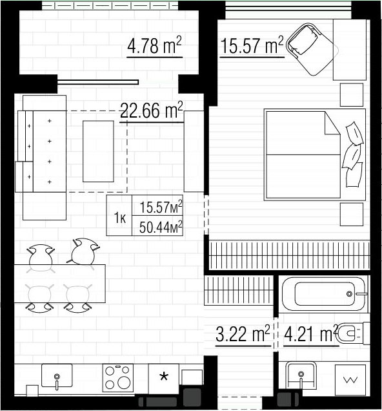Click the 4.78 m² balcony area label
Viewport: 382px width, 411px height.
pyautogui.click(x=154, y=46)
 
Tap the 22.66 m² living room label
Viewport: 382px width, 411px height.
pyautogui.click(x=151, y=111)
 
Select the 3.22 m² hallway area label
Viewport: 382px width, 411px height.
pyautogui.click(x=243, y=334)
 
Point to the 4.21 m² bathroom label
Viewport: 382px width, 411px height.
pyautogui.click(x=310, y=334)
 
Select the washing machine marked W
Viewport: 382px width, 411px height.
pyautogui.click(x=350, y=379)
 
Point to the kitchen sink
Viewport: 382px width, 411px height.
pyautogui.click(x=57, y=375)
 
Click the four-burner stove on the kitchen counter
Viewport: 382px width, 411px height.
pyautogui.click(x=117, y=378)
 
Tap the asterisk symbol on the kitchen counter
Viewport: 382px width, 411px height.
pyautogui.click(x=164, y=377)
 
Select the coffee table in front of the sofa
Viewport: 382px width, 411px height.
pyautogui.click(x=98, y=151)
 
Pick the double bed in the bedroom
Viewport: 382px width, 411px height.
pyautogui.click(x=314, y=155)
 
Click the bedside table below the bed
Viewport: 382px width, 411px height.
pyautogui.click(x=352, y=214)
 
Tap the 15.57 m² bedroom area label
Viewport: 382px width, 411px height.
pyautogui.click(x=252, y=46)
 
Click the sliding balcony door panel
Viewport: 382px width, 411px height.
pyautogui.click(x=98, y=82)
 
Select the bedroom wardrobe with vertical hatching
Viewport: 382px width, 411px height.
pyautogui.click(x=289, y=255)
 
